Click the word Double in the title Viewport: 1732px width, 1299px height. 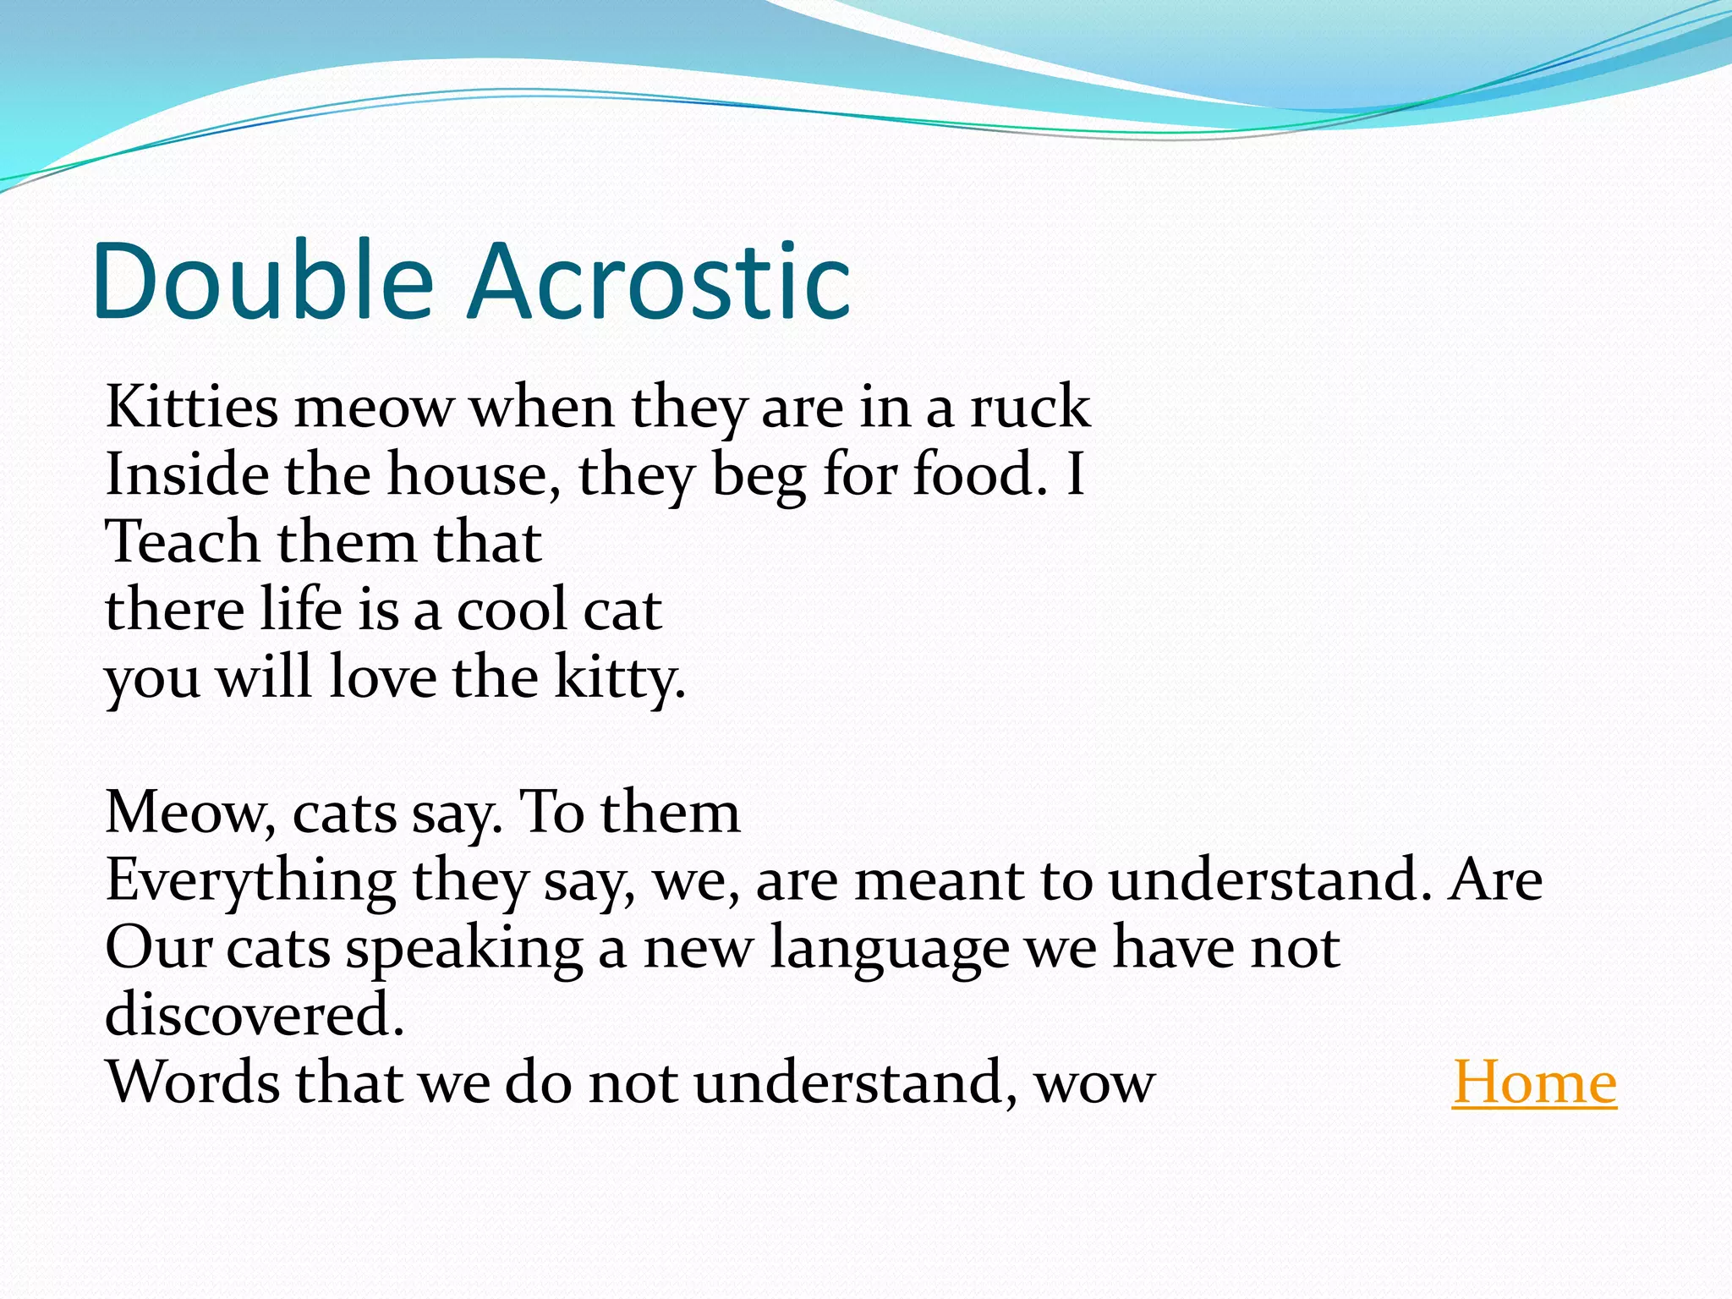262,281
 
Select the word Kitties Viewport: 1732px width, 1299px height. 191,407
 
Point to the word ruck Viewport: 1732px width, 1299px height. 1029,407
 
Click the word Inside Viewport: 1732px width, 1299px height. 187,474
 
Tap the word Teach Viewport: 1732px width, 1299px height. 182,542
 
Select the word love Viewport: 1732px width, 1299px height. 382,677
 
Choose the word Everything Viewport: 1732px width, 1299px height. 250,882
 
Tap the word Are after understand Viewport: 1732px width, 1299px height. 1495,880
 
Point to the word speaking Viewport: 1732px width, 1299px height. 464,950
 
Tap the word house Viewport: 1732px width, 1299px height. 474,474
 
